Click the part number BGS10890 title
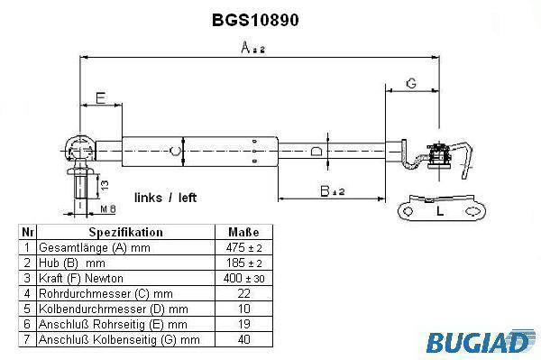pyautogui.click(x=255, y=20)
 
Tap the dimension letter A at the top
pyautogui.click(x=245, y=48)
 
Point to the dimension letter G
pyautogui.click(x=411, y=83)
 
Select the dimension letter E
pyautogui.click(x=100, y=98)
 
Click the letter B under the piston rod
pyautogui.click(x=325, y=191)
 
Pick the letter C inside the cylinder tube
pyautogui.click(x=175, y=151)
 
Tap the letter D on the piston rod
pyautogui.click(x=316, y=152)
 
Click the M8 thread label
pyautogui.click(x=108, y=208)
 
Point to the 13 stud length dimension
pyautogui.click(x=105, y=185)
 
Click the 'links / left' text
pyautogui.click(x=165, y=198)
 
